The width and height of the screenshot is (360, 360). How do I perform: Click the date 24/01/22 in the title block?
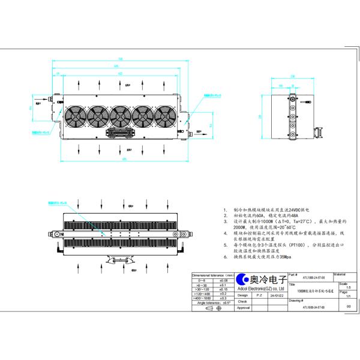tap(277, 295)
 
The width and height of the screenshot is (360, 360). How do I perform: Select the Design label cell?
tap(243, 295)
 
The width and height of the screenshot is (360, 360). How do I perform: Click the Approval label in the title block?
tap(243, 307)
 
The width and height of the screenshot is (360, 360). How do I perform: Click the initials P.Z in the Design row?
tap(259, 295)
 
